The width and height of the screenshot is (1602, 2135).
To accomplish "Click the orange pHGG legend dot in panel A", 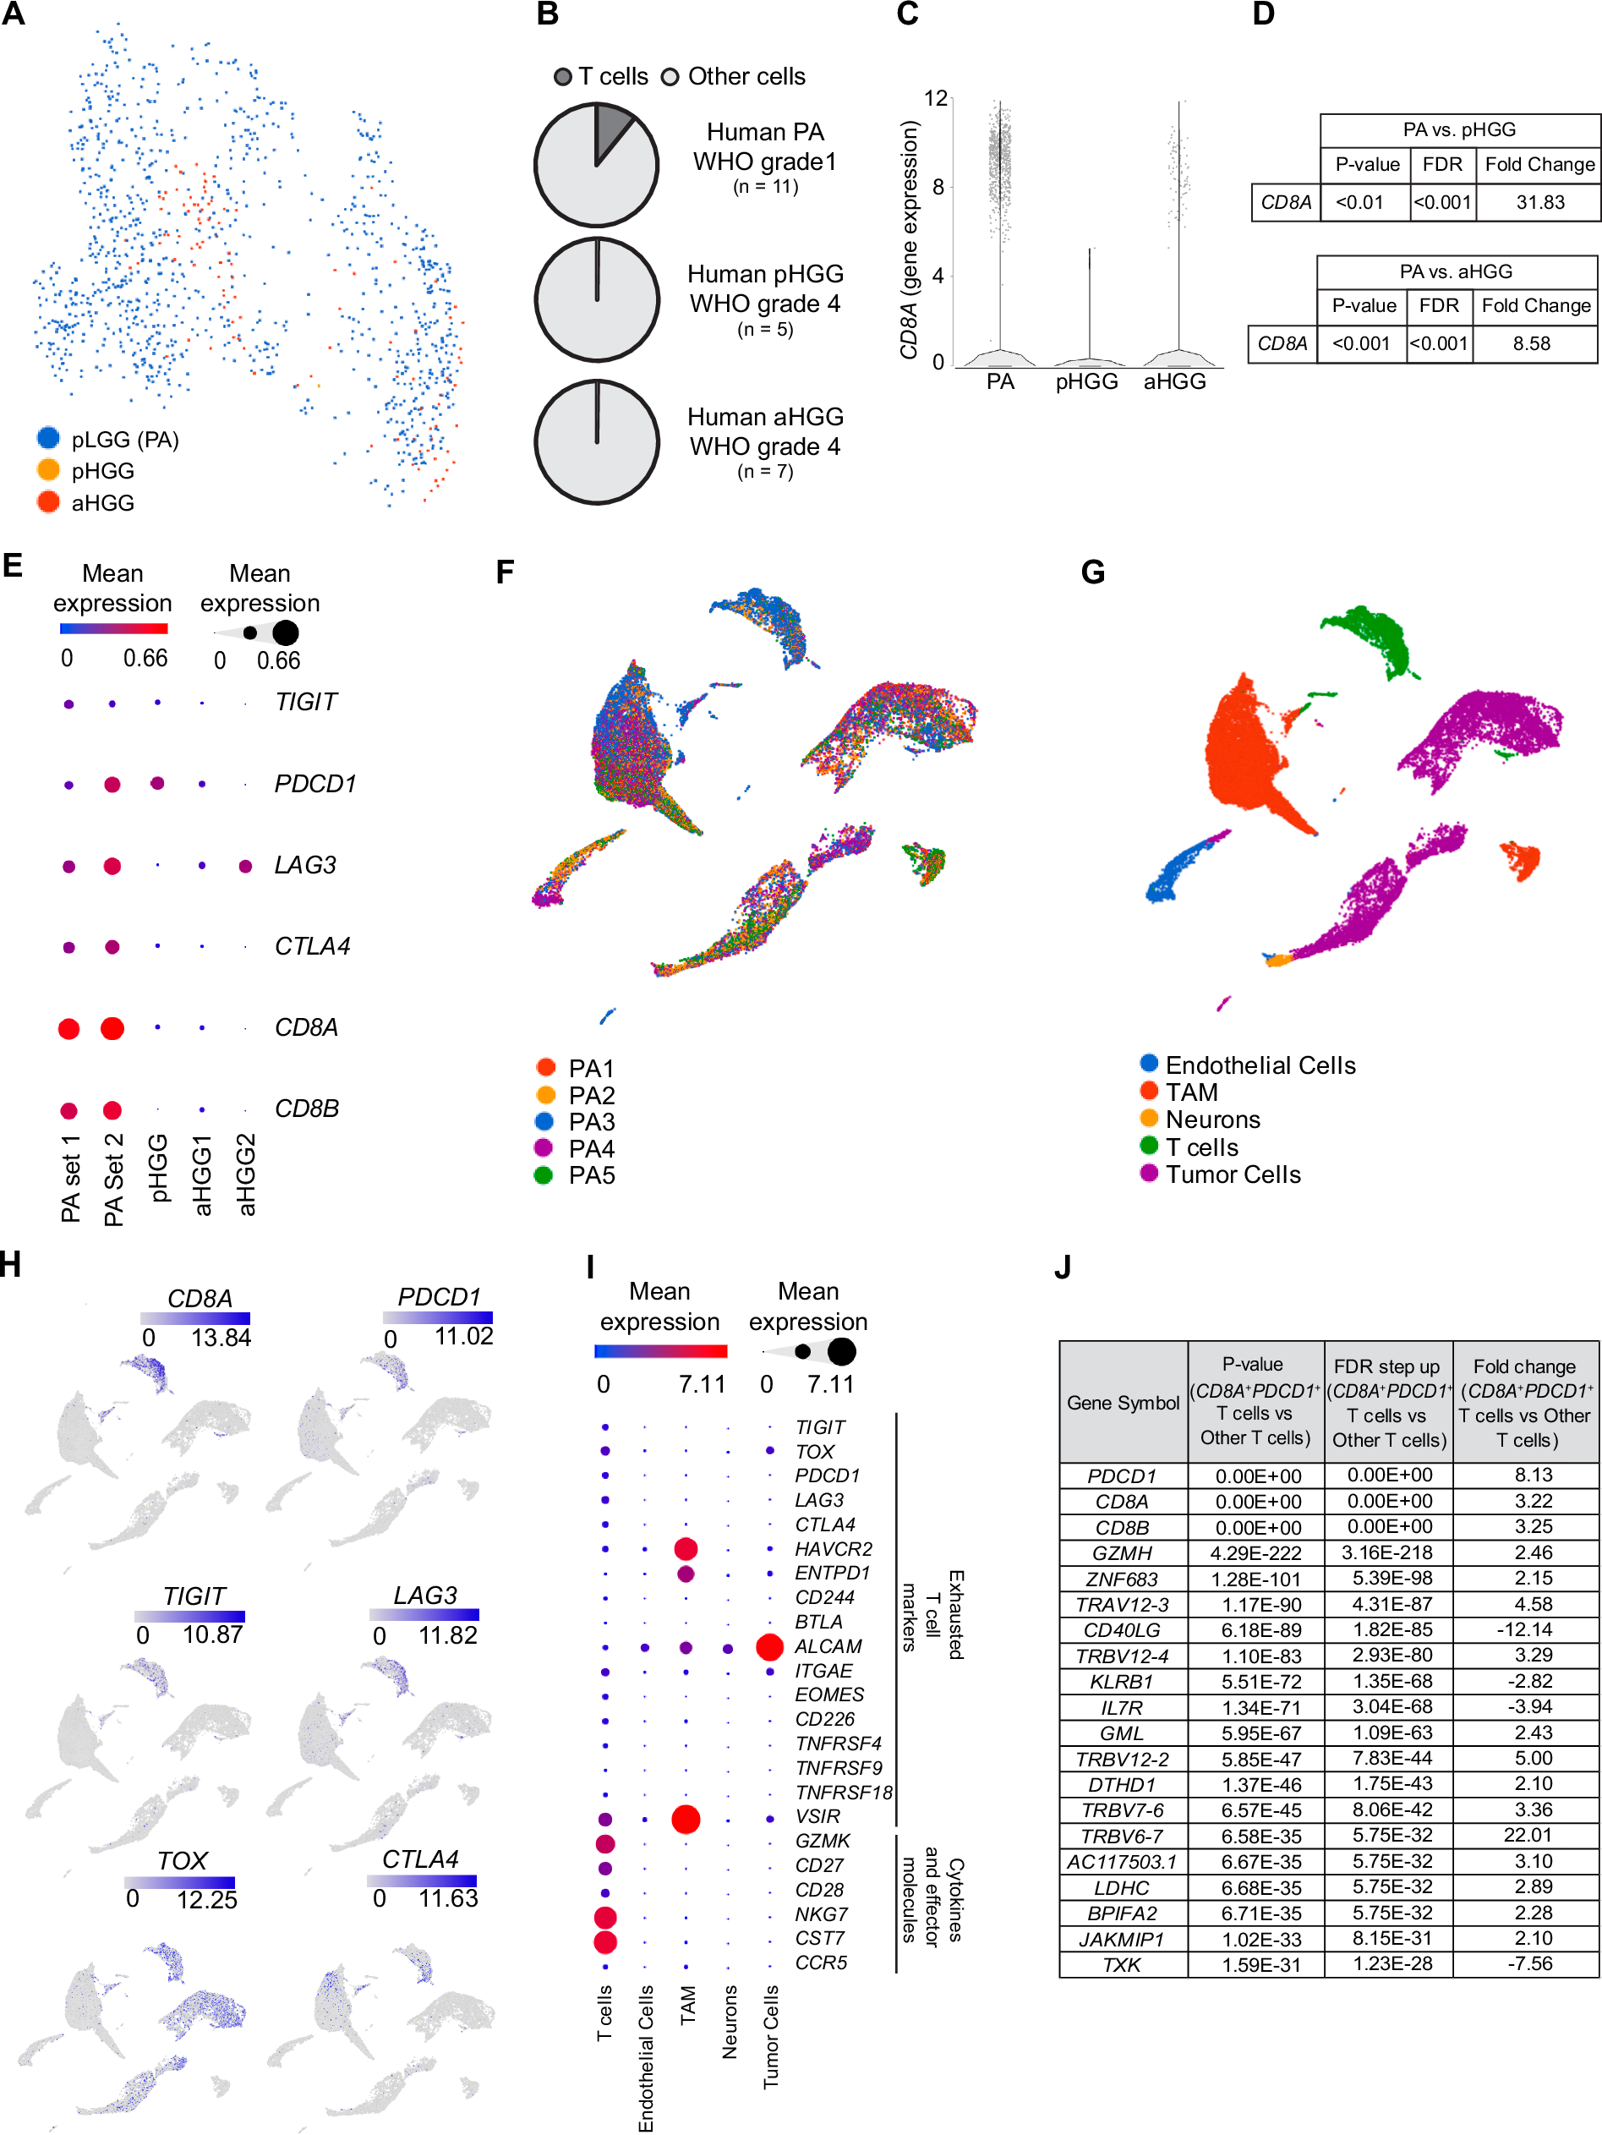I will [48, 470].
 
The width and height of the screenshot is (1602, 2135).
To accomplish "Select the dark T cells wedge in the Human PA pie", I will [610, 129].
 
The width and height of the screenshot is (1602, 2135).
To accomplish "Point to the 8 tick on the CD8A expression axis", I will [938, 187].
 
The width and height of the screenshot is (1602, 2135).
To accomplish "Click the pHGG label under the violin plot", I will [1085, 382].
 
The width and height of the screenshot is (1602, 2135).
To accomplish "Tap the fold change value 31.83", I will [1539, 203].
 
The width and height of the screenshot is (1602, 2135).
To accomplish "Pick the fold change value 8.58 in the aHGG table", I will [1532, 343].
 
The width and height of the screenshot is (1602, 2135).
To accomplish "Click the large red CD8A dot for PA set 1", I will [68, 1028].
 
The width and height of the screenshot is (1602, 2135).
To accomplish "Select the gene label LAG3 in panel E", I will [305, 865].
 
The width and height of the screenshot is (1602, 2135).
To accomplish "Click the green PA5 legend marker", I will [544, 1174].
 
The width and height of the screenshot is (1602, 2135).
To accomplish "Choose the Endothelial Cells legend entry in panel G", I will [1260, 1065].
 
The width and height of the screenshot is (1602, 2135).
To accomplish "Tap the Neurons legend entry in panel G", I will [1212, 1120].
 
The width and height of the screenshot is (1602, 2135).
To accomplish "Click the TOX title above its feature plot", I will [182, 1860].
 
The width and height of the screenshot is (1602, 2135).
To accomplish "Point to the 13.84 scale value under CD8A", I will [221, 1338].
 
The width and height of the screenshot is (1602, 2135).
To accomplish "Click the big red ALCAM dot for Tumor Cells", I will [769, 1645].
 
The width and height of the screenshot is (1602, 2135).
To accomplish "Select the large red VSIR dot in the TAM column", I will [686, 1820].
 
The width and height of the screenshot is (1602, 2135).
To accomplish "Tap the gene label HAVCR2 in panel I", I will [833, 1548].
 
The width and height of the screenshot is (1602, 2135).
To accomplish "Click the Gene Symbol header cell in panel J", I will [1123, 1403].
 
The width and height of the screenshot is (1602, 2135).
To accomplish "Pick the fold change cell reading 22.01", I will [1526, 1835].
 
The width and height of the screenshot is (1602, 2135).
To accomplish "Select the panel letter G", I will [1092, 572].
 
